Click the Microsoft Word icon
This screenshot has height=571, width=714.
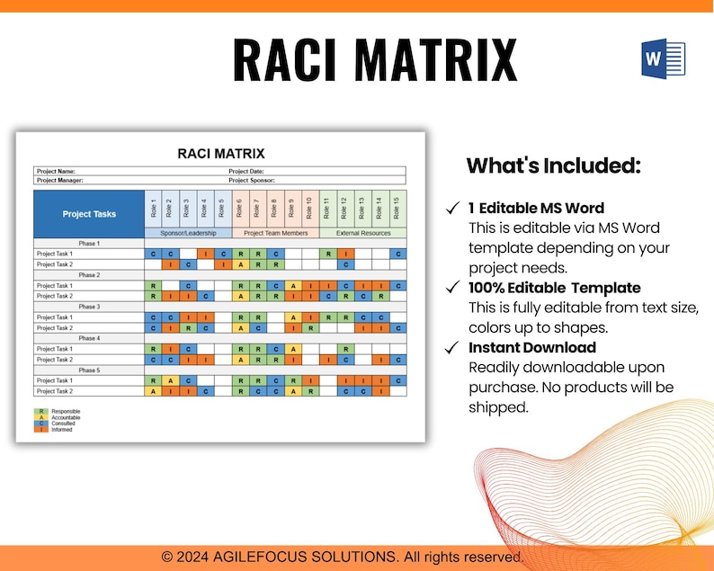663,58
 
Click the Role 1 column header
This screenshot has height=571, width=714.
154,208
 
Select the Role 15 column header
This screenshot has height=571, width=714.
397,208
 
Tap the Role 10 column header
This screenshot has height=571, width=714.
309,208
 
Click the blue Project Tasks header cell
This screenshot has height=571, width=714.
89,214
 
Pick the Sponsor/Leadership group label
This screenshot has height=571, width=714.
188,233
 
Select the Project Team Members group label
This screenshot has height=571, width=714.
275,233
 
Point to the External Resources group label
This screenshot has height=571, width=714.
362,233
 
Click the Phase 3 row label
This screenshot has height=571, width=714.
88,307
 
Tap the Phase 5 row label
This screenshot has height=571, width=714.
88,370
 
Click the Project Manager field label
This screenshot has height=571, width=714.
60,180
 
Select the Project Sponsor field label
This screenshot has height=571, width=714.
252,180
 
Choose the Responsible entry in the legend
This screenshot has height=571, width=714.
66,411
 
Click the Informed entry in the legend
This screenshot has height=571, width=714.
63,430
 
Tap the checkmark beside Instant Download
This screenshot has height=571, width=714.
453,347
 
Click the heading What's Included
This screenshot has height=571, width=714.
553,165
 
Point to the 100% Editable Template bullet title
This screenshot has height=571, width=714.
554,288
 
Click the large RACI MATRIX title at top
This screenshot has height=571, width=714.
375,60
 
